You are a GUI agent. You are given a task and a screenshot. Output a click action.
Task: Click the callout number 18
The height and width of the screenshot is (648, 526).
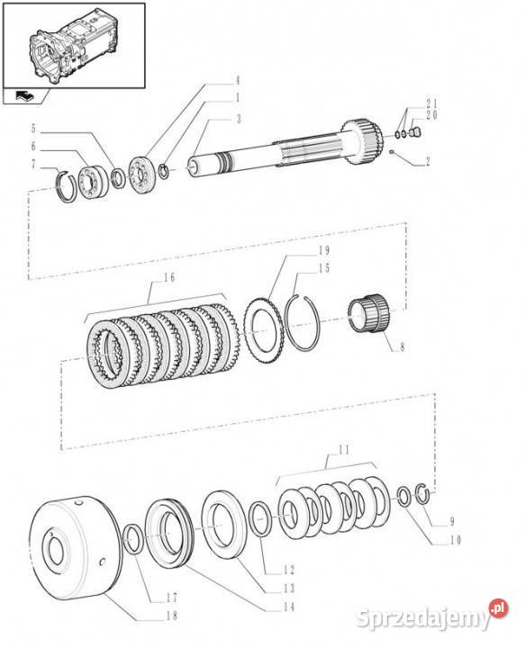click(172, 616)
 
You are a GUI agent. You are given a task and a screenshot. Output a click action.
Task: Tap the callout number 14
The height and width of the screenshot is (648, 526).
click(288, 607)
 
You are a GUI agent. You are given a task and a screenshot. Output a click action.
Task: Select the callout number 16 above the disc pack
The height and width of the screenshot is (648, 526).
click(169, 277)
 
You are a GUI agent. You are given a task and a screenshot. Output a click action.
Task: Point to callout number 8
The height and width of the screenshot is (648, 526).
click(402, 346)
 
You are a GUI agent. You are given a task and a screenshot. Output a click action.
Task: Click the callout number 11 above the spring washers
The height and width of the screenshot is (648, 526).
click(344, 450)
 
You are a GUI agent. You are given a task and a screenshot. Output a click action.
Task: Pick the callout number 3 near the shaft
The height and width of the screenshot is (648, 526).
click(238, 120)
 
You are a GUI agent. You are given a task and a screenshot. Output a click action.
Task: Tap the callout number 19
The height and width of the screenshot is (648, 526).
click(323, 250)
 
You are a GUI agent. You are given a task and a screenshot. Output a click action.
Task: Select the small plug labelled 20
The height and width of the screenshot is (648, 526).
click(413, 132)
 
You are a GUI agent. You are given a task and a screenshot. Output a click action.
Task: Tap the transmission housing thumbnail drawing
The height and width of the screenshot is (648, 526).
click(74, 46)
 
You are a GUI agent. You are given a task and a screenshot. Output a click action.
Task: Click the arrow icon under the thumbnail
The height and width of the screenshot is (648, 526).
click(25, 96)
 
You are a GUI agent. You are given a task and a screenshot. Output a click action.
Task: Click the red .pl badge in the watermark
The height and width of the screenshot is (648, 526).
click(498, 608)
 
